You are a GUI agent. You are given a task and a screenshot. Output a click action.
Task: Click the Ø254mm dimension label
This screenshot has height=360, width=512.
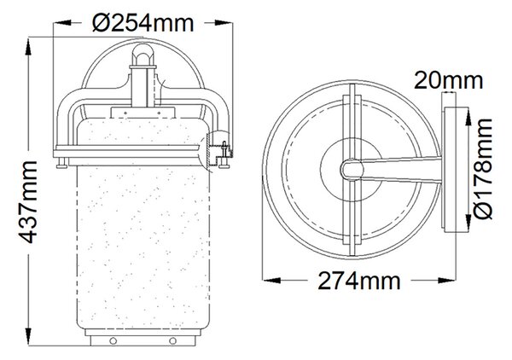[x=143, y=23]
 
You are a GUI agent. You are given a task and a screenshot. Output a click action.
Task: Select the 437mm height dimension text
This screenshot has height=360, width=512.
[x=28, y=202]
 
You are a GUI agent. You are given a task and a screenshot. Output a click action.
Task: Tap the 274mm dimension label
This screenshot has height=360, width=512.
[x=359, y=281]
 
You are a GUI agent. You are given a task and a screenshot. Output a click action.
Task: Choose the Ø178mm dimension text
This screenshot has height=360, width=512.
[x=482, y=168]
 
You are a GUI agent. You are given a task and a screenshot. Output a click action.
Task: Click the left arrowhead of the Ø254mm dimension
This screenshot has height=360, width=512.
[x=62, y=22]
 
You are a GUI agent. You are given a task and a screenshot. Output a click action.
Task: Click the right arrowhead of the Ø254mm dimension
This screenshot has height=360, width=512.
[x=224, y=22]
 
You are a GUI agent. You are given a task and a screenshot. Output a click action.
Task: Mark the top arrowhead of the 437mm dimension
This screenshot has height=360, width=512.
[x=28, y=47]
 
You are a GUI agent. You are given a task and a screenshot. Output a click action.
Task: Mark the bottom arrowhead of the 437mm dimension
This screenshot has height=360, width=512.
[x=28, y=336]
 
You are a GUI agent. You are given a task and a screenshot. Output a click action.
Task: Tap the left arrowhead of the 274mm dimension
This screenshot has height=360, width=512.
[x=271, y=280]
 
